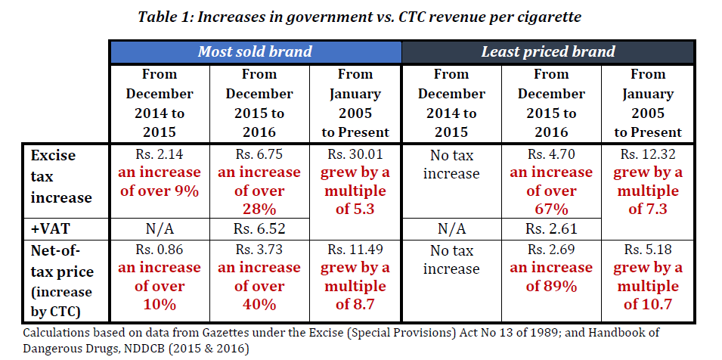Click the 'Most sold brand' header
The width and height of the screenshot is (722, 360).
[255, 52]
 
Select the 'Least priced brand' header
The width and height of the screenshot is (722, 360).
[548, 52]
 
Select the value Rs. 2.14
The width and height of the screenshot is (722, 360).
[160, 154]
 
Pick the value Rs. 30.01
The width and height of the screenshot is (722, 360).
[355, 154]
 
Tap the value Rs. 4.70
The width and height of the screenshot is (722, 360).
[550, 154]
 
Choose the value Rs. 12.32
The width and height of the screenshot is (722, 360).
[647, 154]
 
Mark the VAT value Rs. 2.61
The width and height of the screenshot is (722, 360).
[550, 228]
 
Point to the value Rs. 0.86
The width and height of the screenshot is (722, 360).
[160, 250]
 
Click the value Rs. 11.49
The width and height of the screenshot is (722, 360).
[355, 250]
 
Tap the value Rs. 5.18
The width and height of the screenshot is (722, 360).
[647, 250]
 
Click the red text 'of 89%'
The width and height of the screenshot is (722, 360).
[550, 287]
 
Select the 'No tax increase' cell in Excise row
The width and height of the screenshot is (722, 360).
[451, 164]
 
